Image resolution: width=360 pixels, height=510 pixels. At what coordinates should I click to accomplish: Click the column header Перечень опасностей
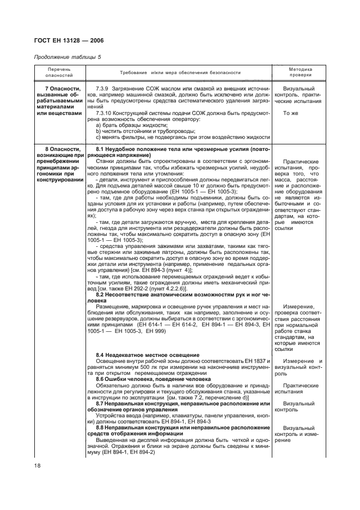58,72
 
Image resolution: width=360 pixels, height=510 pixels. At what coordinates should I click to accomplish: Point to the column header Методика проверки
300,72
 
